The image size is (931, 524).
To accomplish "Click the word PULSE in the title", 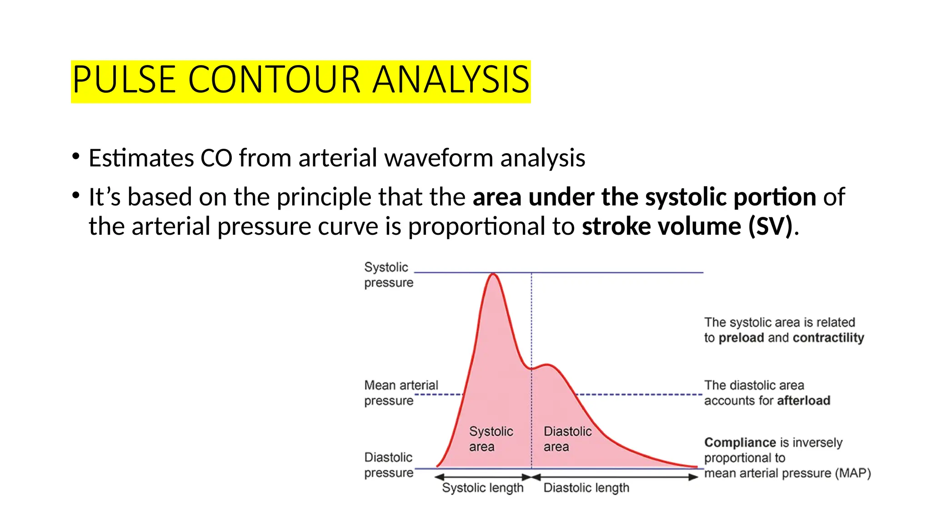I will [124, 80].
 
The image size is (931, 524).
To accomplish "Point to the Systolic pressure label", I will [388, 275].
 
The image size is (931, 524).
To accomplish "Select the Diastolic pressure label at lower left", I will [388, 465].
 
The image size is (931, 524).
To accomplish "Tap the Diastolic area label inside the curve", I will [567, 438].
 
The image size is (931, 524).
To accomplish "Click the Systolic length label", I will [482, 488].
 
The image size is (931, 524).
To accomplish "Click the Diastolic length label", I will [586, 488].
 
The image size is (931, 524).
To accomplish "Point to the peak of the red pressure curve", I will [493, 274].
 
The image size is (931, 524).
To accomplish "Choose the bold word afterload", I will [803, 401].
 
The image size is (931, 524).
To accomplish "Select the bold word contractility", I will [828, 338].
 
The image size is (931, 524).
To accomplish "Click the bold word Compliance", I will [740, 443].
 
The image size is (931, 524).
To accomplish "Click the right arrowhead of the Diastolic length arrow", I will [693, 477].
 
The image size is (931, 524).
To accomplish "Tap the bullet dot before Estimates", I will [75, 157].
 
